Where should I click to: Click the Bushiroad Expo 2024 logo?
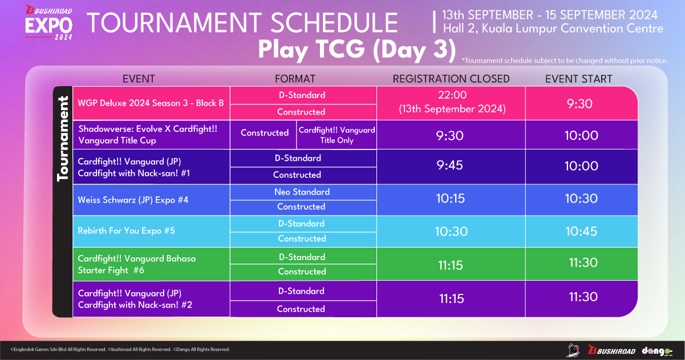coord(49,22)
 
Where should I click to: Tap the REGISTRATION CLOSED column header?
coord(451,79)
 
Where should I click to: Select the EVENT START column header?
coord(578,79)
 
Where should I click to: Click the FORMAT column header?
coord(295,79)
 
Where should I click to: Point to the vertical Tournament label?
coord(63,139)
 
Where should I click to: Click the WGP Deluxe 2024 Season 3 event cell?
coord(151,103)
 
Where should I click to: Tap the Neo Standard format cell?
coord(303,192)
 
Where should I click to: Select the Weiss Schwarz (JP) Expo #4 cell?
coord(151,200)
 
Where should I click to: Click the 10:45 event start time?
coord(581,231)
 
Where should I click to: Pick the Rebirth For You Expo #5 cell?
coord(151,231)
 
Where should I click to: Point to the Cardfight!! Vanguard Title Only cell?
coord(337,135)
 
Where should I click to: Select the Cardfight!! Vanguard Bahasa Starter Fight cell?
coord(151,264)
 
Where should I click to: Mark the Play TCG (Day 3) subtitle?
coord(357,50)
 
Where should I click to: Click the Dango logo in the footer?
coord(657,351)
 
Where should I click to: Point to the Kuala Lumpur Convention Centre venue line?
coord(553,29)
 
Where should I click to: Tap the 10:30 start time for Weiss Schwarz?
coord(581,199)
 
